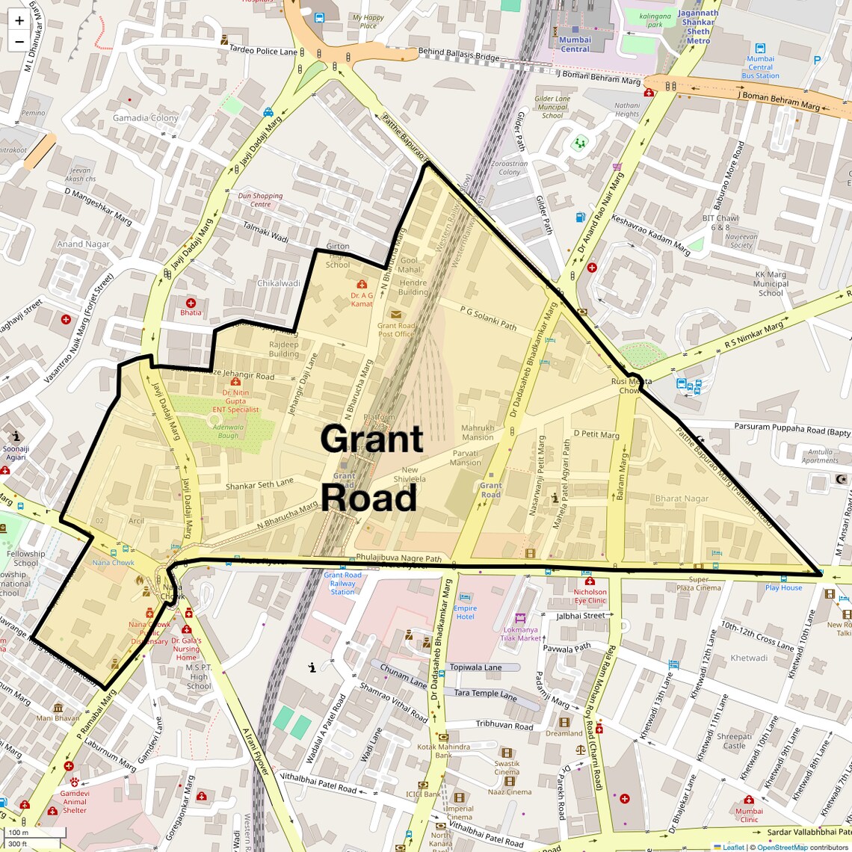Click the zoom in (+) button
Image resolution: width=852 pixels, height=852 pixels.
[19, 21]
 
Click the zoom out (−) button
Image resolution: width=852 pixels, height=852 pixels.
[19, 42]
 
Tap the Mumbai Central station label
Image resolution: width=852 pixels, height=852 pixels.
[575, 44]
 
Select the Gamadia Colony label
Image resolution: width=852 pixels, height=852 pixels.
[145, 118]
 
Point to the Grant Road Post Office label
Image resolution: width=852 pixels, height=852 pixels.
[396, 330]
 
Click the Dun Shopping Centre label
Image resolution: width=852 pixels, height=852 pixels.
[260, 200]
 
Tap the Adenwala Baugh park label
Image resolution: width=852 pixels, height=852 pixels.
[228, 431]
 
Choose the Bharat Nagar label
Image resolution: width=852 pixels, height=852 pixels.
[682, 498]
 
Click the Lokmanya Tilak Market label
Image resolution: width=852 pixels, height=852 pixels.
[520, 634]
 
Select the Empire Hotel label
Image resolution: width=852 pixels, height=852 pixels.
[465, 612]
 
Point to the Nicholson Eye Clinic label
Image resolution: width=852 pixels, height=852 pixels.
[590, 596]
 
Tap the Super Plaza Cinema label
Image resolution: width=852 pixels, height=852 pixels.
[699, 583]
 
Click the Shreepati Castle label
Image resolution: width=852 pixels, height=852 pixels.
[734, 741]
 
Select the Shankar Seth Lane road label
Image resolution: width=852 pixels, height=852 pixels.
[259, 485]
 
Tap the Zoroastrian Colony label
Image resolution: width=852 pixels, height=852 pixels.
[510, 167]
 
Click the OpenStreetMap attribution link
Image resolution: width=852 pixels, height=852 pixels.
[782, 847]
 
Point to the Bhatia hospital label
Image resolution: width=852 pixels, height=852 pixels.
[190, 312]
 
